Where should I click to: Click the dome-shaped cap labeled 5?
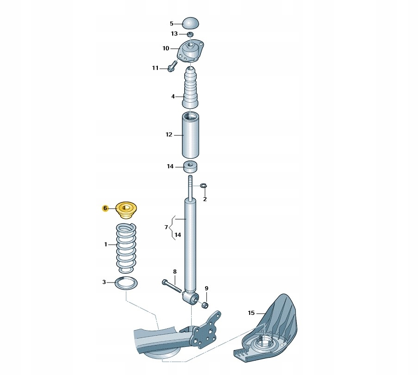coord(190,23)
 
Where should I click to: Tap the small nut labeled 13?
coord(190,34)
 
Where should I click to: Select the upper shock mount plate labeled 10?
coord(190,51)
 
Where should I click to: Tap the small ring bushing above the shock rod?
coord(191,167)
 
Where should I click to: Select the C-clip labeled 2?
coord(204,185)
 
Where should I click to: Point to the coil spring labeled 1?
coord(126,248)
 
